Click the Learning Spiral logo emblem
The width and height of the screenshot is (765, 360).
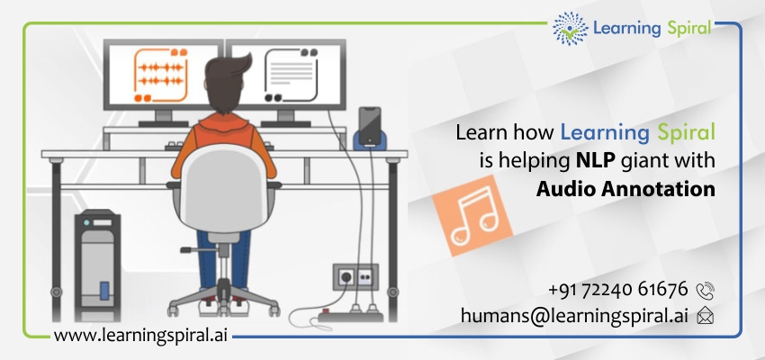click(570, 28)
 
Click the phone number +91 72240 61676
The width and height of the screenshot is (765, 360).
click(617, 289)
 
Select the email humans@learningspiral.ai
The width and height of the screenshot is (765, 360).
click(574, 316)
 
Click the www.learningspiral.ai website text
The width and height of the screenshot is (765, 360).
click(140, 336)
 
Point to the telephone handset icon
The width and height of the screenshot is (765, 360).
click(705, 292)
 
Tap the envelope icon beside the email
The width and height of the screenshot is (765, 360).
click(705, 316)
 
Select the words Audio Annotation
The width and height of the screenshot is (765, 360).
click(625, 189)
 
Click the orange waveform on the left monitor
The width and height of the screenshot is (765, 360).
click(160, 74)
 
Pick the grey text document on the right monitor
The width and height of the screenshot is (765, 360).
click(292, 75)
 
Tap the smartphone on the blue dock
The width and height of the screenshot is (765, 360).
click(369, 125)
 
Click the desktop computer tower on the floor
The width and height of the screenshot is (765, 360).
click(97, 265)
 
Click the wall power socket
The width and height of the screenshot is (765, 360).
click(355, 277)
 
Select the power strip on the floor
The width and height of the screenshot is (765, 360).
click(351, 315)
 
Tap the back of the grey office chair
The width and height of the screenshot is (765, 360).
click(223, 189)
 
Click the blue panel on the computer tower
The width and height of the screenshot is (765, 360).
click(104, 290)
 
